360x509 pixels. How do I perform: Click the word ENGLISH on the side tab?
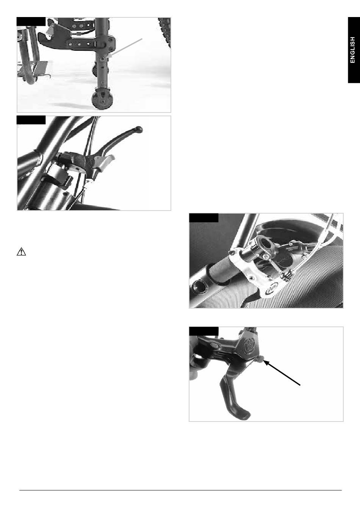(352, 50)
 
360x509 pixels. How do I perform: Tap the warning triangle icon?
(21, 252)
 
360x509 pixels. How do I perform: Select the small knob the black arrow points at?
(261, 359)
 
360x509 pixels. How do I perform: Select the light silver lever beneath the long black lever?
(103, 161)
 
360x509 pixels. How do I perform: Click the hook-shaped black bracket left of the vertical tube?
(53, 40)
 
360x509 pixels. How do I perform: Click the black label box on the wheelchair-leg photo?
(31, 22)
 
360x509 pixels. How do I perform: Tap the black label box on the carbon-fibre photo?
(204, 218)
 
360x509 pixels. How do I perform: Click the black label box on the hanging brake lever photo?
(204, 331)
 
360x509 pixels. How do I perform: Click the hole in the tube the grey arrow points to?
(103, 59)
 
